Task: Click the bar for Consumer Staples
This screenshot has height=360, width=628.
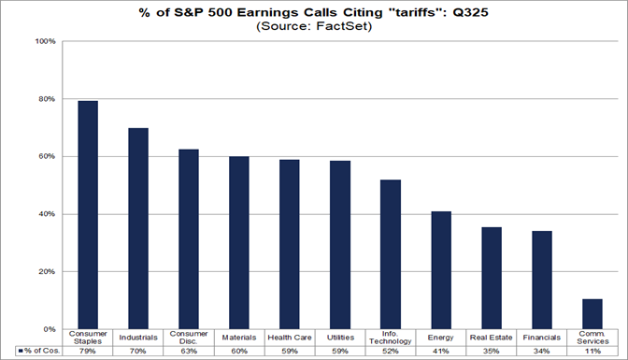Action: pyautogui.click(x=88, y=215)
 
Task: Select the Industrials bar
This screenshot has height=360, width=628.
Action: pyautogui.click(x=138, y=229)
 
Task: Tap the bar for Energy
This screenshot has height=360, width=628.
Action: pyautogui.click(x=441, y=270)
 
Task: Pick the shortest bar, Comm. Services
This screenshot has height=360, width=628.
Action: pyautogui.click(x=592, y=314)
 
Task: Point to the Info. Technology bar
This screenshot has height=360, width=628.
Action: pyautogui.click(x=391, y=254)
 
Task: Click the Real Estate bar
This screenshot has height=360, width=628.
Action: pyautogui.click(x=492, y=279)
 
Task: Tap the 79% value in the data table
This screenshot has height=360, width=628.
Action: pyautogui.click(x=88, y=352)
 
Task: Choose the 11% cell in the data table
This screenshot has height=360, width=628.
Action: pyautogui.click(x=592, y=352)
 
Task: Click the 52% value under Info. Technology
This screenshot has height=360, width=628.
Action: pyautogui.click(x=391, y=352)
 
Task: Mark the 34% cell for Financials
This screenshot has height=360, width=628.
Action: pyautogui.click(x=542, y=352)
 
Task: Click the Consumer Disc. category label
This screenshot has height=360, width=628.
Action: pyautogui.click(x=189, y=338)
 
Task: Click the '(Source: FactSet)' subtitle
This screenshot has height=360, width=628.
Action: pyautogui.click(x=313, y=26)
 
